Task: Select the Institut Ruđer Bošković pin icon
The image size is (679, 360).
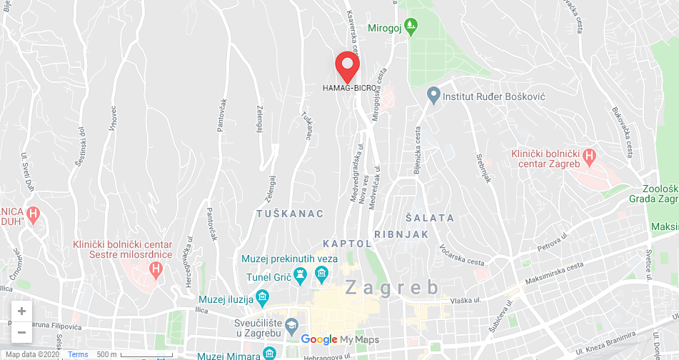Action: click(x=433, y=95)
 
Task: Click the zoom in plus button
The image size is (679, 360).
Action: click(x=21, y=311)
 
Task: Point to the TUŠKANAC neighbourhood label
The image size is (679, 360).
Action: click(x=290, y=214)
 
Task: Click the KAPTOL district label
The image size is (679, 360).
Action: click(x=347, y=244)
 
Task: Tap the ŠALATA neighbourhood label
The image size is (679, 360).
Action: click(x=430, y=217)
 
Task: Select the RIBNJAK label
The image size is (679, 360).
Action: click(x=401, y=234)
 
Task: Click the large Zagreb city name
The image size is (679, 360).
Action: click(x=392, y=288)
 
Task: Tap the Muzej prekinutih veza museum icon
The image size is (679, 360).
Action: click(x=322, y=274)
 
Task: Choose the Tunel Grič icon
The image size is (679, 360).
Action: click(x=301, y=274)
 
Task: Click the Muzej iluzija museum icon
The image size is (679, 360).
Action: click(x=262, y=296)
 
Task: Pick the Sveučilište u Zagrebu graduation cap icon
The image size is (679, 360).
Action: click(x=291, y=326)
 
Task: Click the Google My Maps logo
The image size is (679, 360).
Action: click(x=340, y=340)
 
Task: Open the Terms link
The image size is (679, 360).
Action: click(x=78, y=354)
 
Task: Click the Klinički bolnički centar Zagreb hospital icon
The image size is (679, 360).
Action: click(x=589, y=155)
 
